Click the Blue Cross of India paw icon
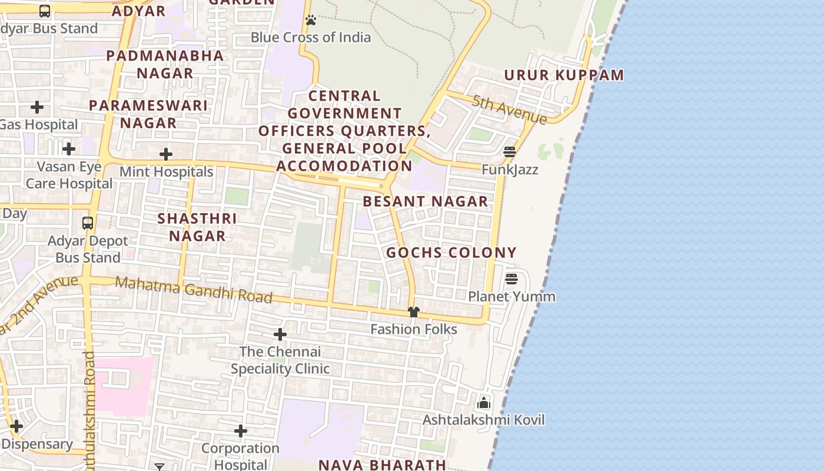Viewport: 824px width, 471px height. [311, 21]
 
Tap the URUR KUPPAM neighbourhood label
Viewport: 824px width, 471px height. [564, 75]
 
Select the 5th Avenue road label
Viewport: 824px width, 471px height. [510, 110]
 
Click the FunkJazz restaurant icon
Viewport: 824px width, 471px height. [510, 152]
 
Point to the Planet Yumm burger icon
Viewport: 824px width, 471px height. [511, 278]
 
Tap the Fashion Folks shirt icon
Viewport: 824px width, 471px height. [414, 312]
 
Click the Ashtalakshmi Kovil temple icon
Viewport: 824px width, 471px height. [484, 403]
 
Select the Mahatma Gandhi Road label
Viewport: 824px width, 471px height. [194, 289]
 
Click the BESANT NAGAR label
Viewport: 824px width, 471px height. [426, 201]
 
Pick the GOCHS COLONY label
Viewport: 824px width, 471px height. [451, 253]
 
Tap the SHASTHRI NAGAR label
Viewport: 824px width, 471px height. [197, 227]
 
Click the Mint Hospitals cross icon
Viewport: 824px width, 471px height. [166, 155]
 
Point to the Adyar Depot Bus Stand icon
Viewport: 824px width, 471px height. [88, 223]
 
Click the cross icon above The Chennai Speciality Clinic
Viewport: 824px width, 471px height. [280, 335]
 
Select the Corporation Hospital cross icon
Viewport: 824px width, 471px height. [241, 432]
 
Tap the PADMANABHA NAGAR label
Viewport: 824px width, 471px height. [165, 64]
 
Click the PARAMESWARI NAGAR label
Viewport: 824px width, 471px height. [148, 114]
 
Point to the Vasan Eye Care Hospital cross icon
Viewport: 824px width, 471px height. [69, 149]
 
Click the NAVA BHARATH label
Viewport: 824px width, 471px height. [382, 465]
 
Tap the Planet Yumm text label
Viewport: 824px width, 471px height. [511, 296]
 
